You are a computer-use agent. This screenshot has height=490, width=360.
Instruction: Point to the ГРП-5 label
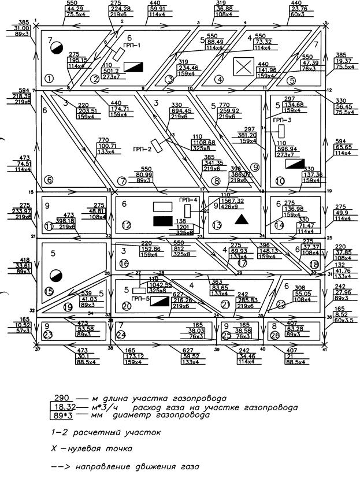140,301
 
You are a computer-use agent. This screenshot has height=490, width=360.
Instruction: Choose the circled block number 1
49,78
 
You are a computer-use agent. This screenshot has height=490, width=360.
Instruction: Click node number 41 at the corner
325,350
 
